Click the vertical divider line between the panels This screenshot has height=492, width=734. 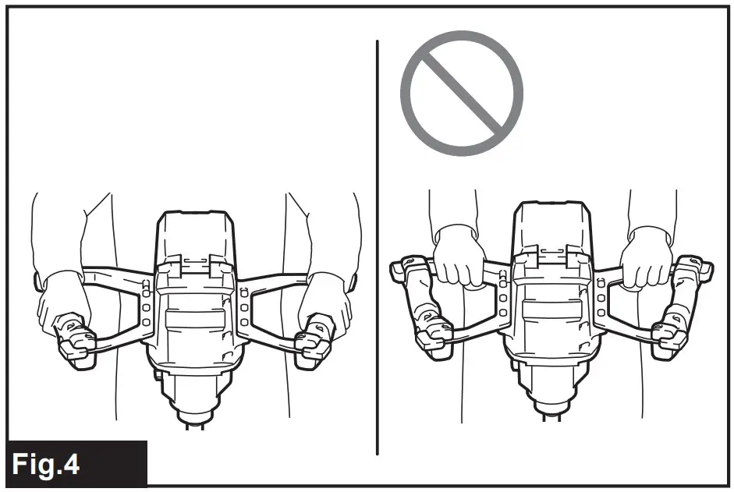point(378,246)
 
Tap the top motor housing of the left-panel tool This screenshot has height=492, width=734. point(195,234)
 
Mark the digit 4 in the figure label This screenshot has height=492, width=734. point(71,465)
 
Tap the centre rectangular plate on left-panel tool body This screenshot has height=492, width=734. point(195,317)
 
